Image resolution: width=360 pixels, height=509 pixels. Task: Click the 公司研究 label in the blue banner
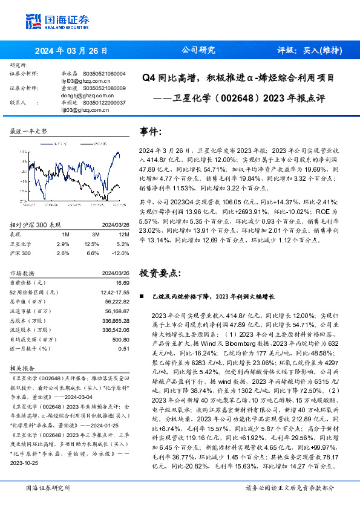[x=198, y=51]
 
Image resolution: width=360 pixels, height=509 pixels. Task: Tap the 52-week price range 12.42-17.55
[x=114, y=291]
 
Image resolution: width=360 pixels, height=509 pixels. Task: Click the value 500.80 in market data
[x=120, y=340]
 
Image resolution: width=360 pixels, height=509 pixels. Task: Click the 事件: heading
[x=151, y=132]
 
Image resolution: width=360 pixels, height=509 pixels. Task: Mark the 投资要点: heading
[x=159, y=273]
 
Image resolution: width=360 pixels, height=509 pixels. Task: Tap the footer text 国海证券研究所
[x=48, y=487]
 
